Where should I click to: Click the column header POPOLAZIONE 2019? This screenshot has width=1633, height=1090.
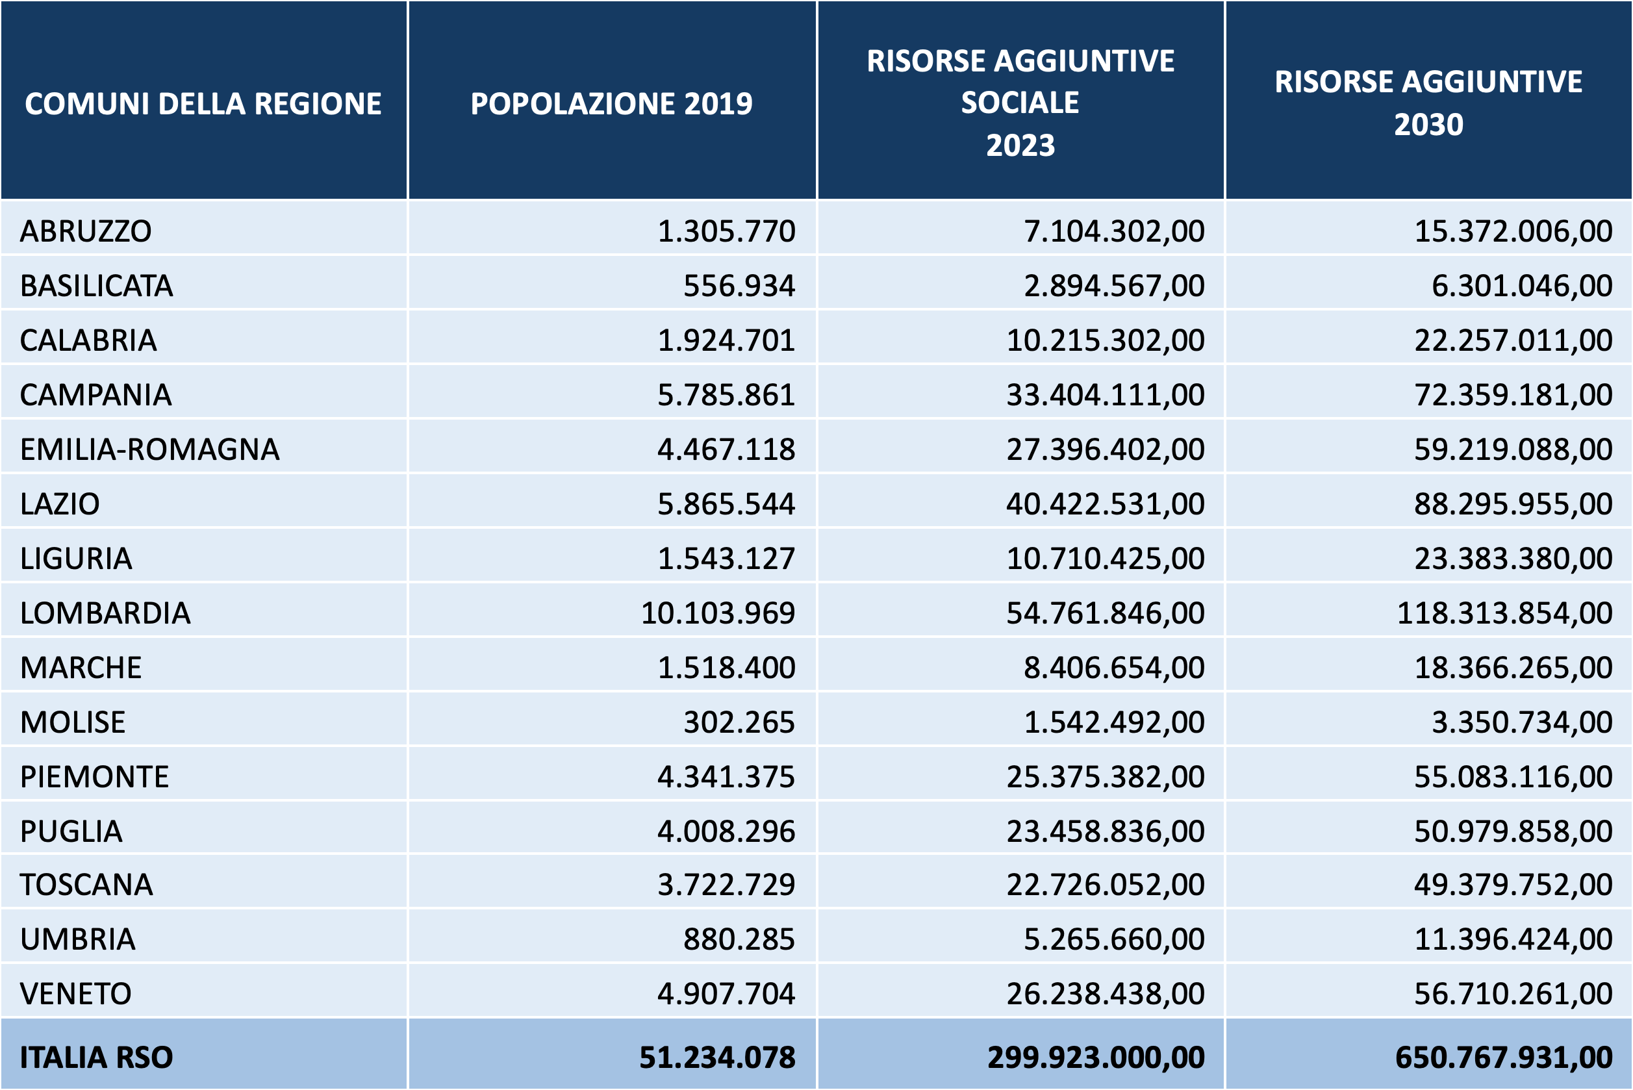[x=611, y=103]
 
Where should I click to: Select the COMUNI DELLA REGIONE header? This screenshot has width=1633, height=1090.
[x=203, y=103]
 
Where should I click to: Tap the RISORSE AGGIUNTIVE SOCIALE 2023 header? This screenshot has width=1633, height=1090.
[x=1020, y=103]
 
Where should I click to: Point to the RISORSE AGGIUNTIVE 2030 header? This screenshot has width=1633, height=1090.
[x=1428, y=103]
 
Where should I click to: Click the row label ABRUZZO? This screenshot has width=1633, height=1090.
[x=86, y=231]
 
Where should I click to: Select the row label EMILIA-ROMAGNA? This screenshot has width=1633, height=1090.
[x=149, y=449]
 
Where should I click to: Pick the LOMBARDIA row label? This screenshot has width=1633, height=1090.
[x=105, y=613]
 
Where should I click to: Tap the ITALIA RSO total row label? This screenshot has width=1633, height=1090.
[x=96, y=1058]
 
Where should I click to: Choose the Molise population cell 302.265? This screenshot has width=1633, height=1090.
[x=739, y=722]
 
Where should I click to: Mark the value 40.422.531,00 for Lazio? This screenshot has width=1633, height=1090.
[x=1106, y=504]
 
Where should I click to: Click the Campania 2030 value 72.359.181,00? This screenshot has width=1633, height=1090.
[x=1513, y=395]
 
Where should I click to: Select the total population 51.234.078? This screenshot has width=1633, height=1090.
[x=716, y=1058]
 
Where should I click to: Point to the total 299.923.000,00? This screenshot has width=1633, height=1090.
[x=1096, y=1058]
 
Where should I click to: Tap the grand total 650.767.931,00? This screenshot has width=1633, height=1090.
[x=1504, y=1058]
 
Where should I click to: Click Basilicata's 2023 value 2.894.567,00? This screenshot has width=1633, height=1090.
[x=1115, y=286]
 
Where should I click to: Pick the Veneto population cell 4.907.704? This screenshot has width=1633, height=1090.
[x=726, y=993]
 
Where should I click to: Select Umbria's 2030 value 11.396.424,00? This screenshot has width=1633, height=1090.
[x=1513, y=939]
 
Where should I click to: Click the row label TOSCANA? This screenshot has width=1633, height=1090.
[x=86, y=885]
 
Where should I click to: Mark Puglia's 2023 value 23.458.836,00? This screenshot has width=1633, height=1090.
[x=1106, y=831]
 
